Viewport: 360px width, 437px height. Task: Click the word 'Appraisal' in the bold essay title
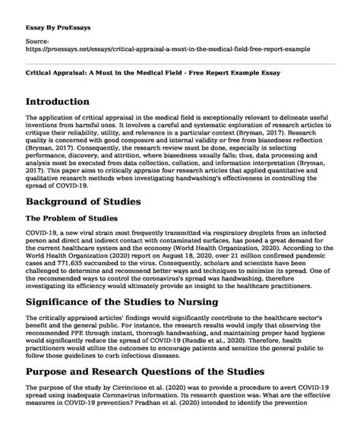pyautogui.click(x=70, y=58)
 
